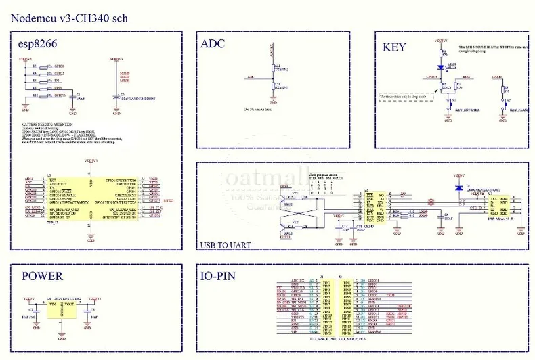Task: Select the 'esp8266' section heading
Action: click(x=38, y=45)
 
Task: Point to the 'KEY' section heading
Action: click(x=395, y=47)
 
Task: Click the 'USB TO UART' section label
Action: click(x=226, y=245)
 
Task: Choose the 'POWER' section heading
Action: click(x=43, y=276)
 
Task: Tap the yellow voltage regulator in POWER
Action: click(x=62, y=310)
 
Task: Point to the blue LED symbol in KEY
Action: click(x=442, y=67)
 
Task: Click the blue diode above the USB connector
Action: click(x=459, y=187)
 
